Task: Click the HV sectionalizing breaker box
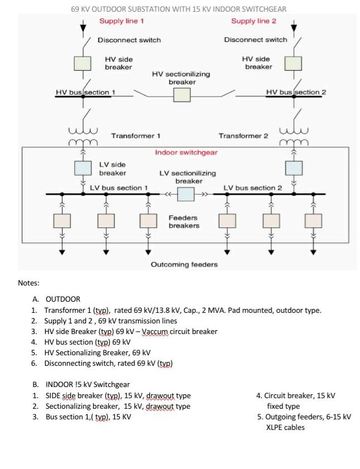[182, 95]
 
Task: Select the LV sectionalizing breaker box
[186, 195]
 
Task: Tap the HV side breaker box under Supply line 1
[83, 63]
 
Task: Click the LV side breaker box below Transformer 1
[83, 168]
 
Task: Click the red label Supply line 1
[122, 21]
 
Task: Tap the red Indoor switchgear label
[186, 152]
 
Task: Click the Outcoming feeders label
[184, 264]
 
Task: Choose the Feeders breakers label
[184, 221]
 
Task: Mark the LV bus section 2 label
[253, 188]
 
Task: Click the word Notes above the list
[28, 283]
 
